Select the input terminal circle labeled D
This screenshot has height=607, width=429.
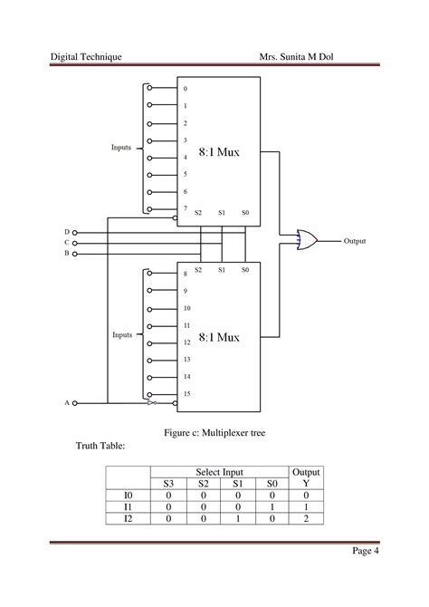click(x=75, y=232)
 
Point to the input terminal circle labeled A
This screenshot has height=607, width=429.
click(x=75, y=402)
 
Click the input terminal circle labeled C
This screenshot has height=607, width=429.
click(x=75, y=243)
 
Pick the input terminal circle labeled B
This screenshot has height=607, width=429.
click(x=75, y=254)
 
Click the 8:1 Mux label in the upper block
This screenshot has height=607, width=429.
click(x=220, y=151)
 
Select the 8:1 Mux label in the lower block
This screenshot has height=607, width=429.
click(x=220, y=337)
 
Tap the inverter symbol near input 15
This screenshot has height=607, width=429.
click(x=153, y=402)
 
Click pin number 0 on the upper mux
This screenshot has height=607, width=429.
click(x=186, y=89)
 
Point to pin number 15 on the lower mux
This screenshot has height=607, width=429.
click(x=186, y=393)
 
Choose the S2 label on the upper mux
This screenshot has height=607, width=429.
click(x=198, y=213)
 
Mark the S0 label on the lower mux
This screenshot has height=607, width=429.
click(x=244, y=270)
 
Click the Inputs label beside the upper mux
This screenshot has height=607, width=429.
click(x=122, y=148)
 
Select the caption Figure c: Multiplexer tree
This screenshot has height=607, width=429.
click(x=214, y=433)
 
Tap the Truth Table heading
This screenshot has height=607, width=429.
click(x=99, y=447)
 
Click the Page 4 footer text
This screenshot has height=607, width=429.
click(x=363, y=552)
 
